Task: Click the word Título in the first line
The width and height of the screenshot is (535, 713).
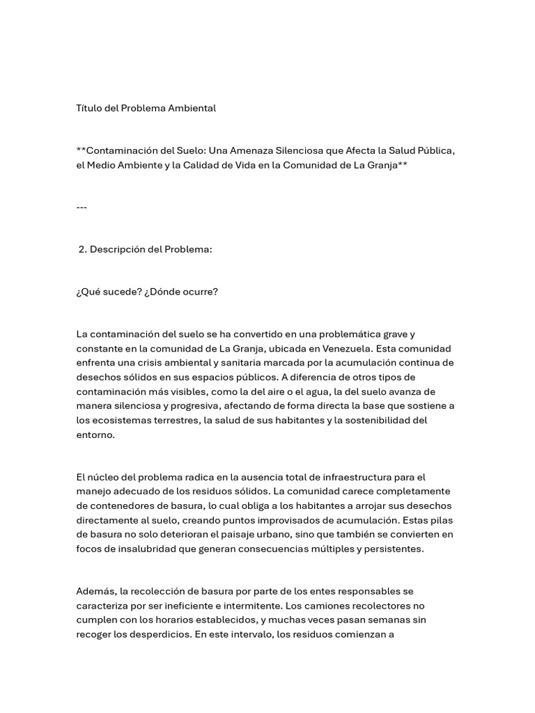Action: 88,108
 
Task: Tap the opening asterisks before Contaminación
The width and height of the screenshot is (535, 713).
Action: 81,150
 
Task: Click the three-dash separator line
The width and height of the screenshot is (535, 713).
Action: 82,207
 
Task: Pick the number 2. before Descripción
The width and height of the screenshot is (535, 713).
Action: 83,249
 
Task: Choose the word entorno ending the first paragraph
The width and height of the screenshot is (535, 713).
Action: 95,434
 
